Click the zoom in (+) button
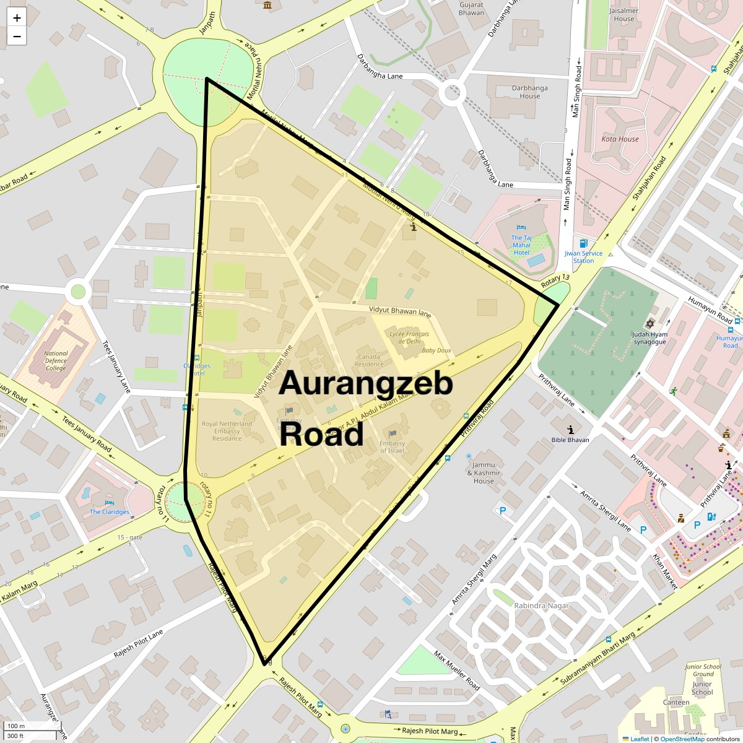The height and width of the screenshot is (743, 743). (x=17, y=18)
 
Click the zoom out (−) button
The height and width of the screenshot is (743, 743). (x=17, y=37)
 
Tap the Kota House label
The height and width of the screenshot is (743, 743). (x=620, y=139)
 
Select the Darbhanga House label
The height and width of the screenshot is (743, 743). (x=529, y=92)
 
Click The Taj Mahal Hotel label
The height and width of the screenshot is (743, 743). (x=521, y=245)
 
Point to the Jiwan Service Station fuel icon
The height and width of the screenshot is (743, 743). (x=583, y=243)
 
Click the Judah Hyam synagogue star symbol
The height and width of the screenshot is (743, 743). (x=650, y=324)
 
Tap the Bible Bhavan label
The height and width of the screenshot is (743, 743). (x=570, y=440)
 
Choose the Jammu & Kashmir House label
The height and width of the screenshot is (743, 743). (x=484, y=472)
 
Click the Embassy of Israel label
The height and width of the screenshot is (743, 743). (x=392, y=446)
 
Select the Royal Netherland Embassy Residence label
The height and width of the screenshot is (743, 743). (x=227, y=431)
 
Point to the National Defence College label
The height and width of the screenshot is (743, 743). (x=56, y=361)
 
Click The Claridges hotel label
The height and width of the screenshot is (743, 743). (x=110, y=511)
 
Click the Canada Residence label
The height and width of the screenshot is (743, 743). (x=369, y=360)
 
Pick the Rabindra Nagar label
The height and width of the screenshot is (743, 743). (x=541, y=606)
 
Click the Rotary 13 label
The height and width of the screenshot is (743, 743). (x=555, y=280)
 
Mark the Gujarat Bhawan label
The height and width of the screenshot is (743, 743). (x=471, y=9)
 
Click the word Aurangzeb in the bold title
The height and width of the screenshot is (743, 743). (x=365, y=384)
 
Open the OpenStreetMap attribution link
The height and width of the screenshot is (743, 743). (x=682, y=739)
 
